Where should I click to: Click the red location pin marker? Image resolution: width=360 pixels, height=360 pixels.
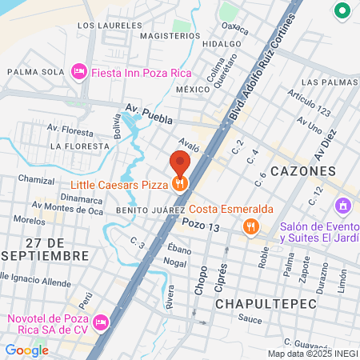click(180, 165)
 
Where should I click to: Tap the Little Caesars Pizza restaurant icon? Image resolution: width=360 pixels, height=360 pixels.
click(180, 184)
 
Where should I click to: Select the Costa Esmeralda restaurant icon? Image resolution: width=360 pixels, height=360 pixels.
click(252, 226)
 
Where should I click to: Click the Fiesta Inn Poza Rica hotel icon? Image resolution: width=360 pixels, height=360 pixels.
click(79, 72)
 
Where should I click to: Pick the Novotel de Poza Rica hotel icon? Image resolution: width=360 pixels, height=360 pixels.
click(101, 323)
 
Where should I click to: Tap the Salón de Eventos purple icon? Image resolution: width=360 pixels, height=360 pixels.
click(343, 206)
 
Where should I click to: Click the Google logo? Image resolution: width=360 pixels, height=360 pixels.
click(26, 350)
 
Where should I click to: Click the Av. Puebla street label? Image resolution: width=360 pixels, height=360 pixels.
click(149, 112)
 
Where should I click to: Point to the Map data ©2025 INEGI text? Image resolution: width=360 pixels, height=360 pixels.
click(312, 353)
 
